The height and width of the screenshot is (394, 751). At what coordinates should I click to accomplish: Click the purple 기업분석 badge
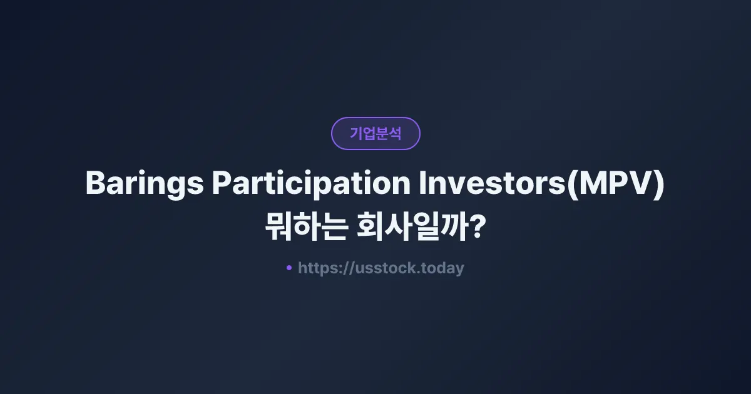(x=375, y=133)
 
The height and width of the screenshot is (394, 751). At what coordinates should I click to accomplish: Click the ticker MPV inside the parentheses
(x=616, y=184)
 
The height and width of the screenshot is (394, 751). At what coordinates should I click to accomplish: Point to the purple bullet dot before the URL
(x=289, y=268)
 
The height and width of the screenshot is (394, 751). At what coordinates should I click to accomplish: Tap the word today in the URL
(x=442, y=268)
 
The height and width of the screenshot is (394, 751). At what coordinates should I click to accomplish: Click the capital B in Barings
(x=95, y=184)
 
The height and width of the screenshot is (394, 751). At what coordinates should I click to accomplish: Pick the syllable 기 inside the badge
(x=356, y=133)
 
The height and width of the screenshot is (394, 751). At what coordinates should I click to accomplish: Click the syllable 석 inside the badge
(x=395, y=133)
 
